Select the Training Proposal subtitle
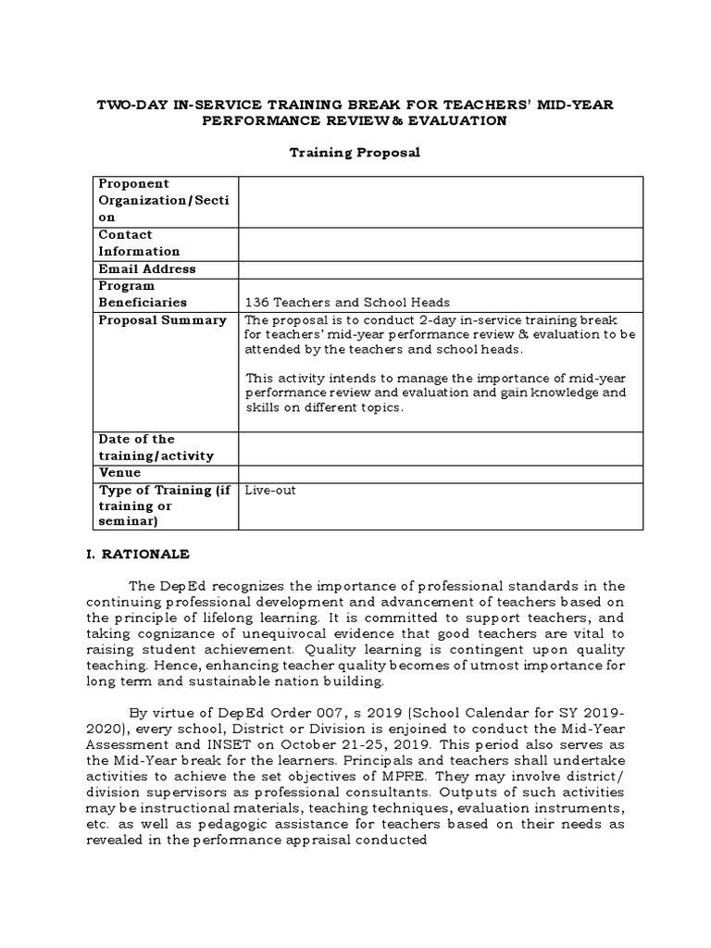(355, 152)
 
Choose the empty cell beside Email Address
(440, 269)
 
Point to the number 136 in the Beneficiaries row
(256, 302)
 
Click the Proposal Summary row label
(162, 320)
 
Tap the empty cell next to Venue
(440, 473)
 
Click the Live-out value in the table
(270, 490)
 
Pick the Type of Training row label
(164, 505)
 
